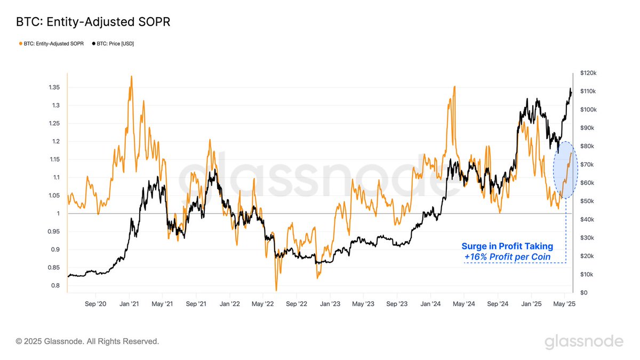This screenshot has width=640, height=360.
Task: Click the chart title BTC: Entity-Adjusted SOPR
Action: (x=93, y=22)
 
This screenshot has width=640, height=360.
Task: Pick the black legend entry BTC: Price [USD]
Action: (x=113, y=44)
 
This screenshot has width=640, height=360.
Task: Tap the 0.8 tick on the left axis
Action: (x=55, y=285)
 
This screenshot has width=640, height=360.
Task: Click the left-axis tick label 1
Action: (x=58, y=213)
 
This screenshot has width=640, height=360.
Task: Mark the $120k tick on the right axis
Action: (x=591, y=73)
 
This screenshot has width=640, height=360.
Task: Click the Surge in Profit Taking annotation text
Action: (x=507, y=246)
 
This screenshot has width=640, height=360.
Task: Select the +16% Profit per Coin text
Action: (x=507, y=257)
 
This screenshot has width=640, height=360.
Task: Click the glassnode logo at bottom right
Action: (x=583, y=342)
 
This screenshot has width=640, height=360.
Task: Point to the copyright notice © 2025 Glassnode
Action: (x=87, y=341)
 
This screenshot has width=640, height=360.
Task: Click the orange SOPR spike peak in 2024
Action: (x=454, y=86)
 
